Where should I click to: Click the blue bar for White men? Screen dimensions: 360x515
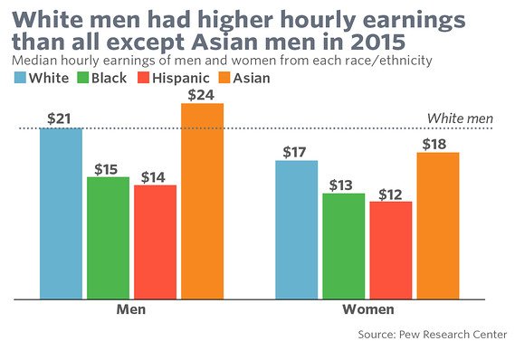point(62,213)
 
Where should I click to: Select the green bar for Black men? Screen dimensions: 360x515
point(108,237)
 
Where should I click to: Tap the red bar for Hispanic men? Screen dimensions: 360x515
point(155,242)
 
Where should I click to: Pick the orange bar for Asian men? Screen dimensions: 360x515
point(202,200)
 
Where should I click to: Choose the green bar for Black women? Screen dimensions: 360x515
point(344,245)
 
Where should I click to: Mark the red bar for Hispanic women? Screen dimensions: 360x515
point(391,250)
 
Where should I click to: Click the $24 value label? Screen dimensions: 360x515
point(202,92)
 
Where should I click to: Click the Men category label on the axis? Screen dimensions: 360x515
point(131,309)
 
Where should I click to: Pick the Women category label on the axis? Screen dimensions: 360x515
point(367,309)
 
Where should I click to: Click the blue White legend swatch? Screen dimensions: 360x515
point(21,79)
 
